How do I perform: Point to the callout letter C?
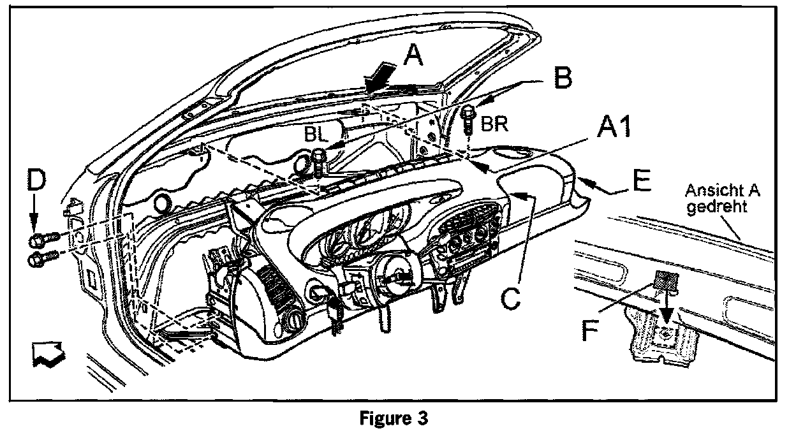(512, 297)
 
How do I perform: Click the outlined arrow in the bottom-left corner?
(48, 354)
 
